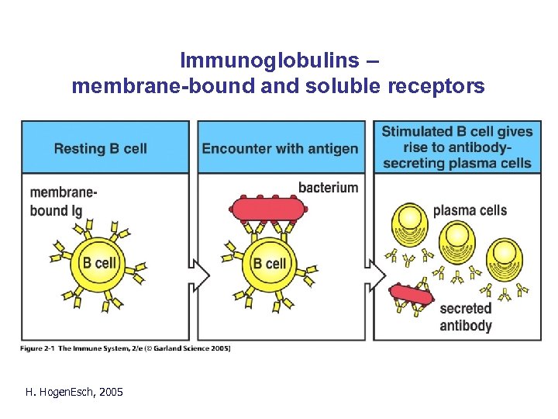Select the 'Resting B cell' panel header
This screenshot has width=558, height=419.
coord(100,148)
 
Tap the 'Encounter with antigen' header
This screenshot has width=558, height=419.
coord(280,148)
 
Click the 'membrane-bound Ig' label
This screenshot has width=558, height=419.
coord(63,200)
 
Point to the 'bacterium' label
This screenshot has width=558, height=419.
coord(328,188)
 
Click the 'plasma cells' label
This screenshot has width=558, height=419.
coord(470,210)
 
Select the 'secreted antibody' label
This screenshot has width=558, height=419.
coord(465,317)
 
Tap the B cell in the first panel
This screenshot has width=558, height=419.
coord(99,263)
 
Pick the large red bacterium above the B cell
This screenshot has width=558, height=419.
coord(267,208)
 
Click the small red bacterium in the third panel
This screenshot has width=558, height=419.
coord(412,295)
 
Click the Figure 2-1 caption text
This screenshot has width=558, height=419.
coord(126,348)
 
